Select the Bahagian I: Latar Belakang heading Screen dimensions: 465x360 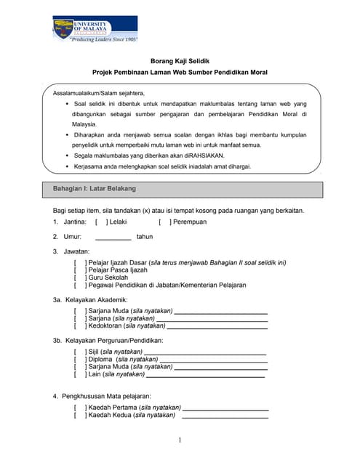tap(95, 188)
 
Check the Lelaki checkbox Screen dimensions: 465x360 tap(100, 222)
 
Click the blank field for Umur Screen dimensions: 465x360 tap(113, 237)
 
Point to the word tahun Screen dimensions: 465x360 tap(145, 237)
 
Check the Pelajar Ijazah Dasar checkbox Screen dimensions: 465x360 tap(79, 262)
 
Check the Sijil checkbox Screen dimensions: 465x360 tap(79, 352)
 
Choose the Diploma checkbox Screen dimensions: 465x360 tap(79, 359)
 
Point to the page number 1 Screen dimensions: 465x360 tap(180, 440)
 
